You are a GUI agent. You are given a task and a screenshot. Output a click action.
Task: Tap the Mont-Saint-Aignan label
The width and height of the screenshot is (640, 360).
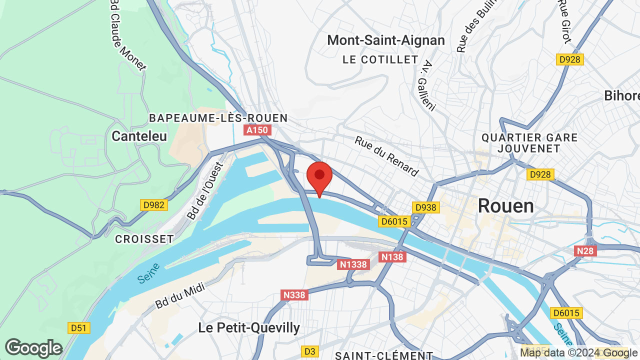pos(386,40)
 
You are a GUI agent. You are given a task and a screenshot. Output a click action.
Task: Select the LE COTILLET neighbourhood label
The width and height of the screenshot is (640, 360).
pos(380,59)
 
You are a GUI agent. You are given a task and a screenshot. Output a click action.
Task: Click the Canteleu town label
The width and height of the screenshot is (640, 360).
pos(139,136)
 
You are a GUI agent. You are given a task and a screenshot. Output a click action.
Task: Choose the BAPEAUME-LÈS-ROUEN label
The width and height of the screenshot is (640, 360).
pos(218,118)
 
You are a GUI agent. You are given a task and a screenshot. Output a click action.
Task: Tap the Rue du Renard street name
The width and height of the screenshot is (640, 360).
pos(386,156)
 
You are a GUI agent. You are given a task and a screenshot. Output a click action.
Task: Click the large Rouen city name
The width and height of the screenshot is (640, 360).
pos(505,206)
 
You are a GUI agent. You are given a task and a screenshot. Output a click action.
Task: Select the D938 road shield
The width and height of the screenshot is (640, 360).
pos(425,207)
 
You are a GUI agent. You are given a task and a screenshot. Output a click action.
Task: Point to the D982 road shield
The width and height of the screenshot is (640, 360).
pos(154,205)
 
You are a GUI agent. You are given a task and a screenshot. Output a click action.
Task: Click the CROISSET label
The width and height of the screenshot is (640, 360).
pos(144,239)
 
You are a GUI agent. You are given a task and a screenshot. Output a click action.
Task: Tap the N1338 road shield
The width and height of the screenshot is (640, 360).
pos(353,264)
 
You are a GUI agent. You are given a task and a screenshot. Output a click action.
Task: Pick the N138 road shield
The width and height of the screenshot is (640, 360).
pos(392,257)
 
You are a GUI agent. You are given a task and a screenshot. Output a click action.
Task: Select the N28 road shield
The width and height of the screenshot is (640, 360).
pos(585,251)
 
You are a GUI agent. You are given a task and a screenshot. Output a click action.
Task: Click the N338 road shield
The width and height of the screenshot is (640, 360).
pos(294,295)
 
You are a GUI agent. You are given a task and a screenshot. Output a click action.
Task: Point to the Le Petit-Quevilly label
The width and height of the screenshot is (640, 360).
pos(249,328)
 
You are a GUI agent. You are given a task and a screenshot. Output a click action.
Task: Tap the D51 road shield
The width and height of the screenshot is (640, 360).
pos(79,328)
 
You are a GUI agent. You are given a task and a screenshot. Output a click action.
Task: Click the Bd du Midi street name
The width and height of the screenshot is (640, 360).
pos(173,297)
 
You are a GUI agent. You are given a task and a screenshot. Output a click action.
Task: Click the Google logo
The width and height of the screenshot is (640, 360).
pos(33,348)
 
